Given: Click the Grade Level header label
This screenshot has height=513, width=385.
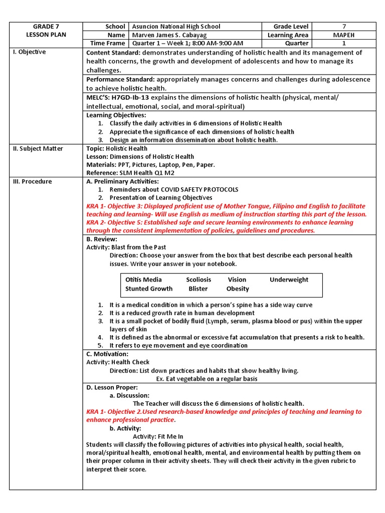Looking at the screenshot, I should pyautogui.click(x=291, y=27).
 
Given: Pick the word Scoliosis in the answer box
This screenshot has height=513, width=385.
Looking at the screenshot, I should pyautogui.click(x=199, y=280).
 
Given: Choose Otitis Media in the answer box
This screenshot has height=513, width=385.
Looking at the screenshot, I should pyautogui.click(x=143, y=280).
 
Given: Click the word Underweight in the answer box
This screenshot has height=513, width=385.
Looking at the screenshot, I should pyautogui.click(x=289, y=280).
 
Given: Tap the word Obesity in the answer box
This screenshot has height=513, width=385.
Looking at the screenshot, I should pyautogui.click(x=238, y=289).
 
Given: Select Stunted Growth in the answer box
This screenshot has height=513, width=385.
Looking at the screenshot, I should pyautogui.click(x=149, y=289).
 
